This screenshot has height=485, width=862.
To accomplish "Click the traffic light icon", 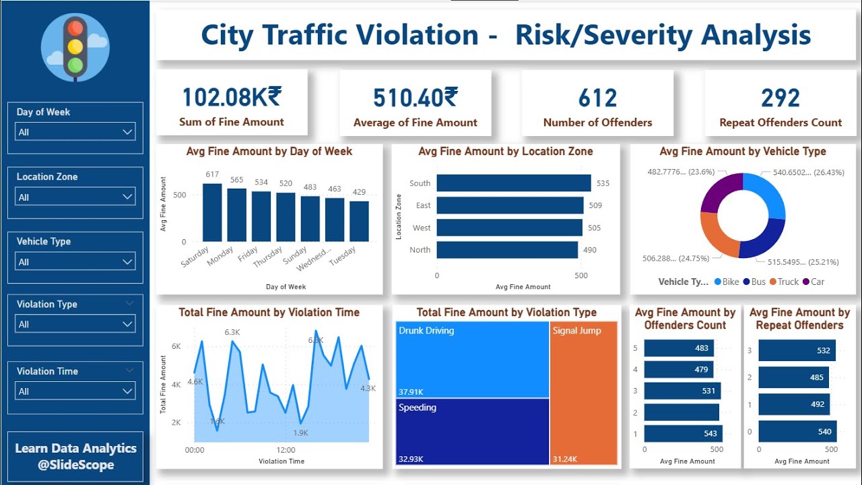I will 75,46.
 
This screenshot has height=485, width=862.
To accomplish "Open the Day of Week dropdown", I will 75,132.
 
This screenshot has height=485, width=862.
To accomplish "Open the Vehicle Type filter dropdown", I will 75,262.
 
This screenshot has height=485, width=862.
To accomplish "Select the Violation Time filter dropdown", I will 75,391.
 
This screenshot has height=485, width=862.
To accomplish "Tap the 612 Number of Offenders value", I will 597,98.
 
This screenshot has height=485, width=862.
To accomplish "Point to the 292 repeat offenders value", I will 780,98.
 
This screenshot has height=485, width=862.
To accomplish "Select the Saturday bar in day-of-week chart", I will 212,212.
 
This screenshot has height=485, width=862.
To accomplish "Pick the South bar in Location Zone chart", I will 513,183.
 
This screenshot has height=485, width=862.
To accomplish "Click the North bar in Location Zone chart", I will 506,250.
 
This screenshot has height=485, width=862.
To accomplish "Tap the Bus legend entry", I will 754,282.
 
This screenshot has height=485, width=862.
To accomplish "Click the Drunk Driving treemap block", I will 472,360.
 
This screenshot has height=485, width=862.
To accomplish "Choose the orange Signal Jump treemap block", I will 583,393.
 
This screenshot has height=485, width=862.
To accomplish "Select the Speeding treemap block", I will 472,431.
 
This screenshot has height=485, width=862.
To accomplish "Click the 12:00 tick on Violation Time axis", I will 286,450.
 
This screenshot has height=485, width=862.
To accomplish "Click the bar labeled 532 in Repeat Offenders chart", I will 797,350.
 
